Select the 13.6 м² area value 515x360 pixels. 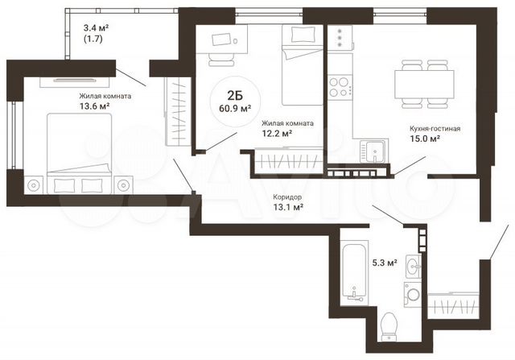point(94,106)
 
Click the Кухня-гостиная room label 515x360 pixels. point(435,127)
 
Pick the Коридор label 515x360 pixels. point(287,196)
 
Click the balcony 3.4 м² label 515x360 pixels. point(97,27)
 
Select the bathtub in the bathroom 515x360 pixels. point(351,274)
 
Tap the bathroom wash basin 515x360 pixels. point(412,267)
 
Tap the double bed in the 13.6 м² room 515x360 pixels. point(77,149)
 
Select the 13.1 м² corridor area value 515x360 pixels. point(287,207)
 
